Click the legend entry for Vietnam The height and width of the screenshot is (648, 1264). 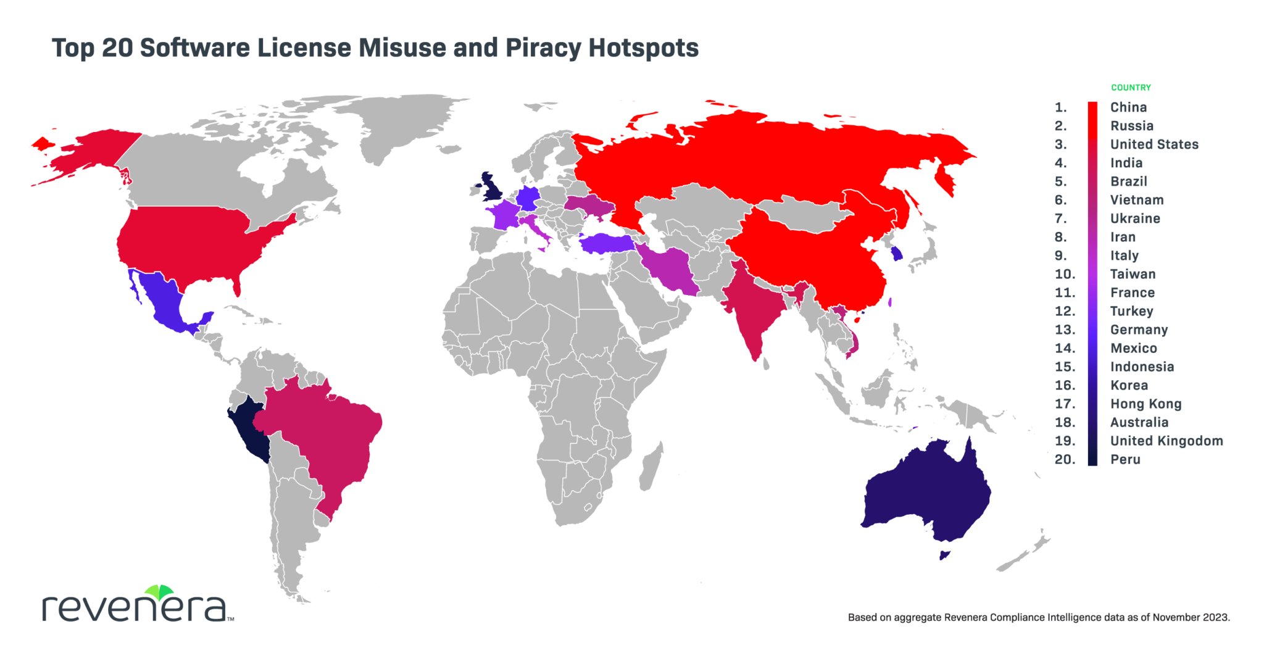[x=1137, y=200]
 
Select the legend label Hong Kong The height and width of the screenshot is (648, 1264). [x=1145, y=404]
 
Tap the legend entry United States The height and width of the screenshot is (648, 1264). [x=1154, y=144]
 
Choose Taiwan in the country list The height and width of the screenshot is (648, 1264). [x=1133, y=274]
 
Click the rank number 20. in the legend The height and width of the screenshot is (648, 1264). [x=1065, y=459]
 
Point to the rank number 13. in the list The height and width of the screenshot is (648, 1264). [x=1065, y=330]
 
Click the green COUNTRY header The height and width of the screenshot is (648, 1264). [x=1131, y=88]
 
